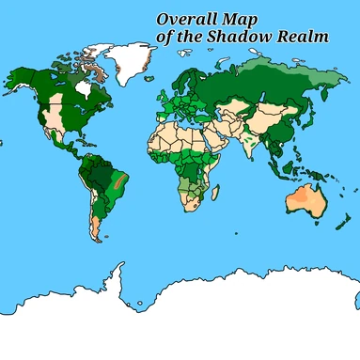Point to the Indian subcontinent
click(x=246, y=143)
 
